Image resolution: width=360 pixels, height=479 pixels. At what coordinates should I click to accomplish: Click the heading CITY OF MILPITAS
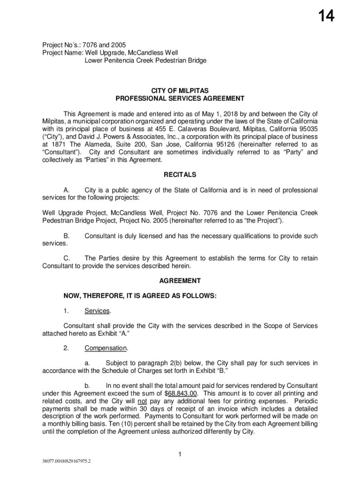(180, 90)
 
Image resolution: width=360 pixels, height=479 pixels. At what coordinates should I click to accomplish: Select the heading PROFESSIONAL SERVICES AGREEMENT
(180, 99)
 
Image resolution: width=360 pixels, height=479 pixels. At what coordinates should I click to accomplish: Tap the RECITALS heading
(180, 175)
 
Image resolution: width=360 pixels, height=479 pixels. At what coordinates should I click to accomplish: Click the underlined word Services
(97, 311)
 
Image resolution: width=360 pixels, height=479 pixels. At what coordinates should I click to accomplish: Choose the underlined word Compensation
(106, 348)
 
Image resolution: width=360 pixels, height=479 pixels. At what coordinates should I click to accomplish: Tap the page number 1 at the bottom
(180, 454)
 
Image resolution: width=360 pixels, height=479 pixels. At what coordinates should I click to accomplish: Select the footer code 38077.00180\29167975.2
(66, 461)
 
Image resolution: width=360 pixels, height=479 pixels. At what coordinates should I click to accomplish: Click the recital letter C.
(66, 258)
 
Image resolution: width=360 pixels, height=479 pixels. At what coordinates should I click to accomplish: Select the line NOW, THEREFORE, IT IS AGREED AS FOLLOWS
(140, 296)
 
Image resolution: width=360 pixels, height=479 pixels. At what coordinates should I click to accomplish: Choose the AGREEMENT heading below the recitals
(180, 281)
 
